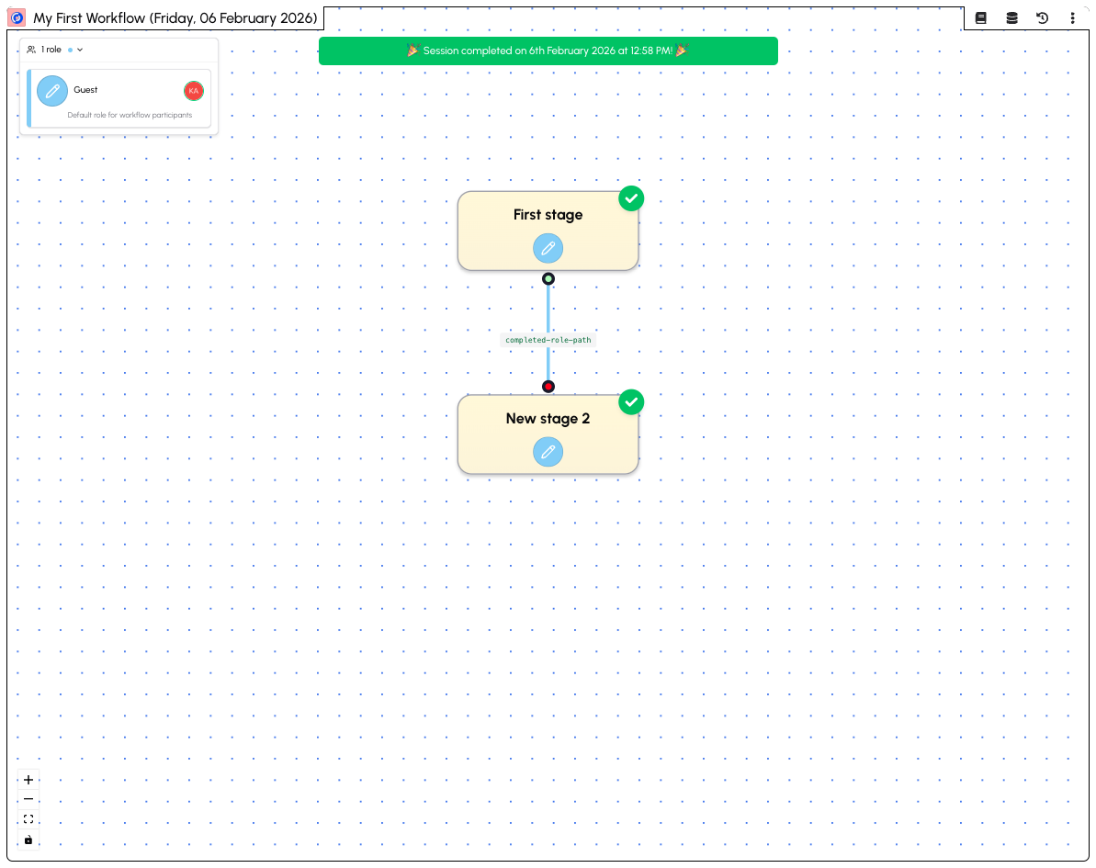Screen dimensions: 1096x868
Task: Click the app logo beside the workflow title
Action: coord(17,18)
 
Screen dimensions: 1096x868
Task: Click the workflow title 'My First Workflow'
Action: coord(89,18)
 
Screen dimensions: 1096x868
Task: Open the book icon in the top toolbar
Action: coord(980,18)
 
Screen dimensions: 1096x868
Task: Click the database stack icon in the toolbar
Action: coord(1011,18)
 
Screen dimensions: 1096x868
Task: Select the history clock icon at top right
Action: coord(1042,18)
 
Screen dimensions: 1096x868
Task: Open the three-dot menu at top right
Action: coord(1072,18)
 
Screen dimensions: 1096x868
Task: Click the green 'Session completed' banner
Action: coord(548,51)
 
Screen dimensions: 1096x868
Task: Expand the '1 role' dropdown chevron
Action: coord(80,50)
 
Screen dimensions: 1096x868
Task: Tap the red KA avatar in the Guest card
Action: coord(194,91)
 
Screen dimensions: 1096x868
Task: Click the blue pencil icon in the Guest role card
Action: coord(52,91)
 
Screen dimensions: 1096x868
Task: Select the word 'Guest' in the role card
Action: coord(85,89)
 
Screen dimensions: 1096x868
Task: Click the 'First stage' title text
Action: coord(548,215)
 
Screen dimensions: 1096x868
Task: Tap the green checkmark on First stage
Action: coord(631,198)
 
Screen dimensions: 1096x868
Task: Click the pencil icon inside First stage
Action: coord(548,248)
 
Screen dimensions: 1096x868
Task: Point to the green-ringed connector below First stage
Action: coord(548,279)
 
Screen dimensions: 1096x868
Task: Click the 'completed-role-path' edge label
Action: coord(548,341)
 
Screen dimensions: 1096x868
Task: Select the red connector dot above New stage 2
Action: coord(548,387)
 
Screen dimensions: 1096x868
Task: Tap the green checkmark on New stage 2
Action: coord(631,402)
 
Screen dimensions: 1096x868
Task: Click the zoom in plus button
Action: coord(28,780)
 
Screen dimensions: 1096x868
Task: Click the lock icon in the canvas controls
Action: coord(28,840)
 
